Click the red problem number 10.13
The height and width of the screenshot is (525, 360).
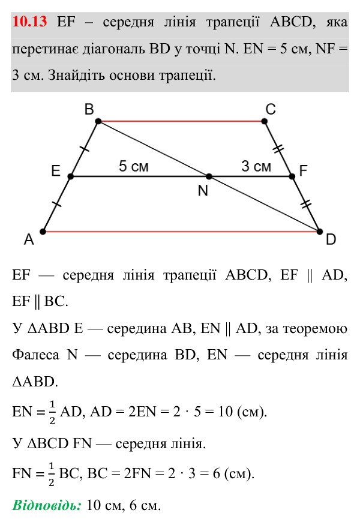pyautogui.click(x=29, y=22)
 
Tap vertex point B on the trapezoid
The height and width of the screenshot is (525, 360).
pyautogui.click(x=98, y=121)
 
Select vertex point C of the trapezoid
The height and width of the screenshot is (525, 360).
pyautogui.click(x=264, y=121)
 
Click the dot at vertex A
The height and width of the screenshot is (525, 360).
pyautogui.click(x=43, y=232)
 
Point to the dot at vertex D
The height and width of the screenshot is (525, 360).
pyautogui.click(x=319, y=232)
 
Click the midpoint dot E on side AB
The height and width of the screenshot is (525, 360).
pyautogui.click(x=70, y=176)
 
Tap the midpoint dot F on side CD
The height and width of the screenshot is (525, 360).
pyautogui.click(x=292, y=176)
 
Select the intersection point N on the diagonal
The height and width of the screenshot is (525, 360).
pyautogui.click(x=209, y=176)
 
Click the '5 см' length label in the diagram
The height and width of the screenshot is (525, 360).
pyautogui.click(x=134, y=166)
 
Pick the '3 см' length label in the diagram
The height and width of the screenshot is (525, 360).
pyautogui.click(x=256, y=166)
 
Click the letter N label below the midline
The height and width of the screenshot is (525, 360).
pyautogui.click(x=203, y=191)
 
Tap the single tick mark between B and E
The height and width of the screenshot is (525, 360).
pyautogui.click(x=85, y=148)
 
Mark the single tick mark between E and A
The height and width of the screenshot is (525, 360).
pyautogui.click(x=56, y=203)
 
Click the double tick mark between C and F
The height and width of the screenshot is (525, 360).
pyautogui.click(x=278, y=149)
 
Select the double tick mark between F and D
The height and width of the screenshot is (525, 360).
pyautogui.click(x=306, y=204)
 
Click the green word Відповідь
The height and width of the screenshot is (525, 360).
pyautogui.click(x=47, y=505)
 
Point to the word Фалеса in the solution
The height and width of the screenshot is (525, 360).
pyautogui.click(x=35, y=355)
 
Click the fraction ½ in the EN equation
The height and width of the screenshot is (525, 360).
pyautogui.click(x=52, y=412)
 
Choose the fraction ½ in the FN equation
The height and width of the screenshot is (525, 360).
pyautogui.click(x=51, y=474)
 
